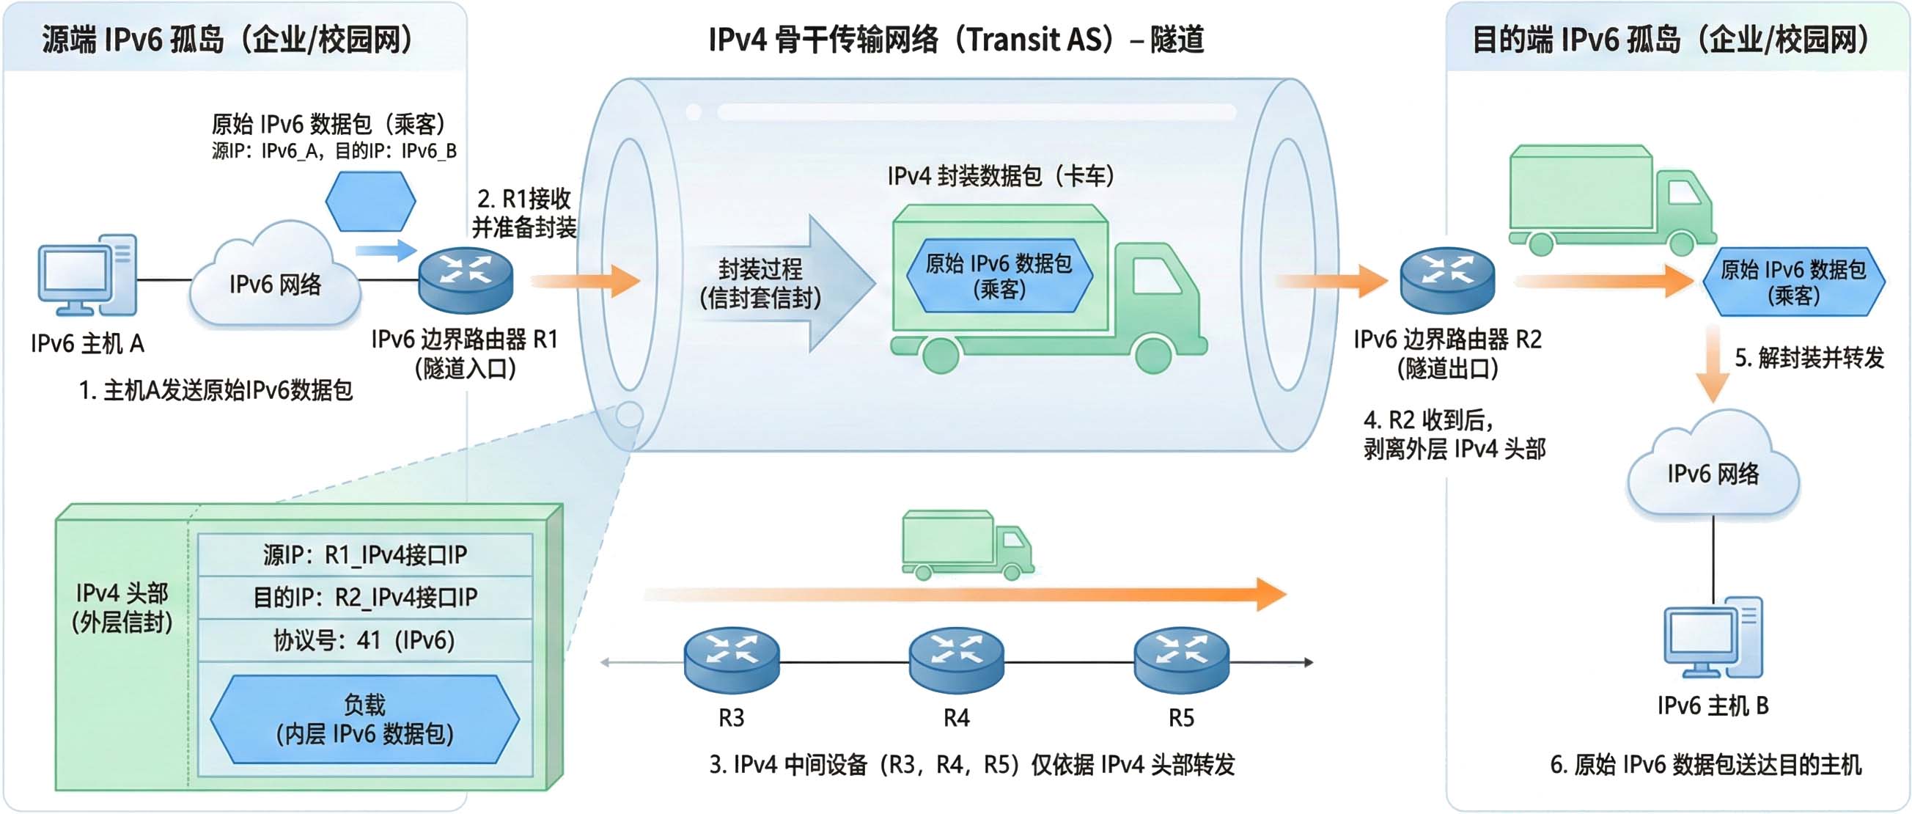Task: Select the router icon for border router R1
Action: point(466,280)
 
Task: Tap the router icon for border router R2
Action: point(1446,280)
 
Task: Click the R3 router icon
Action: point(731,659)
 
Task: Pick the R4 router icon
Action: point(956,659)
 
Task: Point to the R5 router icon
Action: point(1181,659)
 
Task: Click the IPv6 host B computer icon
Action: point(1713,637)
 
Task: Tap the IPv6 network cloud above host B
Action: point(1713,468)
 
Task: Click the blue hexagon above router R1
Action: point(370,201)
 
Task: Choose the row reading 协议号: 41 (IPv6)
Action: point(364,640)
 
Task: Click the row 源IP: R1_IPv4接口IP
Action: point(364,555)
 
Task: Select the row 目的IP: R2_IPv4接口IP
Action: point(364,597)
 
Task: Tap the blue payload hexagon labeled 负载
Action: point(364,719)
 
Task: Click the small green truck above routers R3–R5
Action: point(966,545)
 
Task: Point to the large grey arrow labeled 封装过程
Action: point(787,283)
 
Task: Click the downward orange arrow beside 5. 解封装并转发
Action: point(1713,364)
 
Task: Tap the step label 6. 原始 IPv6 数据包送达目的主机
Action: point(1705,764)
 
